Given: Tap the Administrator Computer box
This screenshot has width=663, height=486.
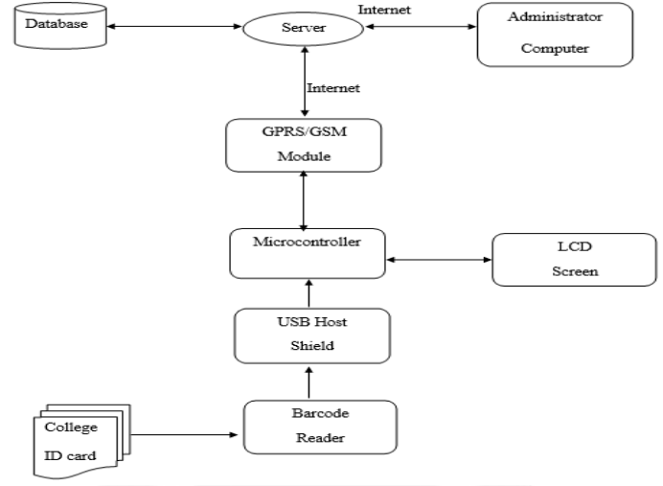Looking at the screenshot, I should point(554,34).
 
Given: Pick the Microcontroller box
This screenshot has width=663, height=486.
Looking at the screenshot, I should point(307,252).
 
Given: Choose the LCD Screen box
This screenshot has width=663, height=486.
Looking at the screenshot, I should point(560,259).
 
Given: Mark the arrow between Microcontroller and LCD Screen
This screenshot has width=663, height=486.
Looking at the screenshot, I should point(437,259).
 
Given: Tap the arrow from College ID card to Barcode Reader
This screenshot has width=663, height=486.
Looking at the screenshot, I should point(182,435).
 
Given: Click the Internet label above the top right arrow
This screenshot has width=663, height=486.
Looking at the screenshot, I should point(386,9).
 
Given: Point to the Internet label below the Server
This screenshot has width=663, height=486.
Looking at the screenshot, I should point(332,88).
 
